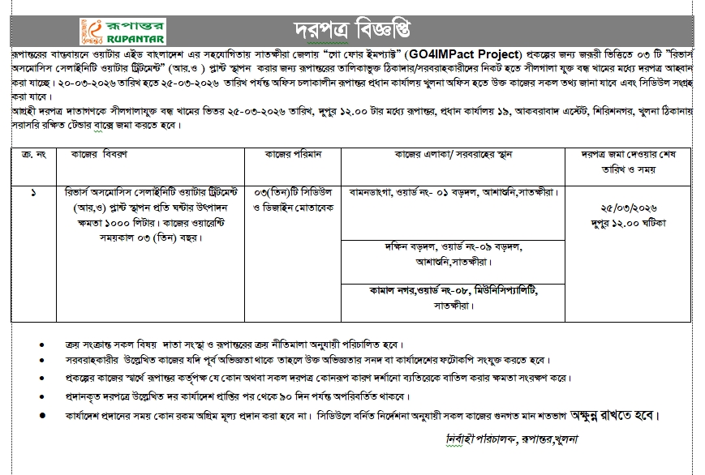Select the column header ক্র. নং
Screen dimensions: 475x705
point(31,154)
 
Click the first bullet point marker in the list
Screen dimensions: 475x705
point(41,343)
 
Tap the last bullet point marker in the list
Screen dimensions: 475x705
point(41,415)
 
